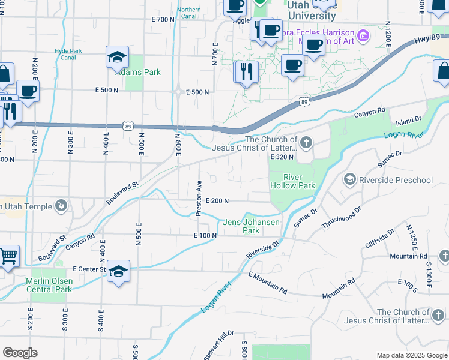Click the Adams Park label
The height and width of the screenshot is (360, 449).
point(139,72)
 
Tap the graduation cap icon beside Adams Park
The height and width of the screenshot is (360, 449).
point(118,58)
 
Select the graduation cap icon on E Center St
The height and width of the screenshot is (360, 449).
point(119,271)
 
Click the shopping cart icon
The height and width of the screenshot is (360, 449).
point(8,256)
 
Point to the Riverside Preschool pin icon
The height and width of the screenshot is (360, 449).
point(349,179)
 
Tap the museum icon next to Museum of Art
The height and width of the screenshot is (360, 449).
point(363,36)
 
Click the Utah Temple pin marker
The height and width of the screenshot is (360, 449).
point(61,207)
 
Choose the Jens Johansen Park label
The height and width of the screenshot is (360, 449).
point(251,226)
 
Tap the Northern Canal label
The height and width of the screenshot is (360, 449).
point(189,13)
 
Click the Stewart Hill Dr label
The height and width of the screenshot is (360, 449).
point(218,345)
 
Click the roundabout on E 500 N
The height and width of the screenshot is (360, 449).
point(178,92)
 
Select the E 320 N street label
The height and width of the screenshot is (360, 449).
point(282,157)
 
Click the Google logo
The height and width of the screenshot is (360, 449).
point(20,353)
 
